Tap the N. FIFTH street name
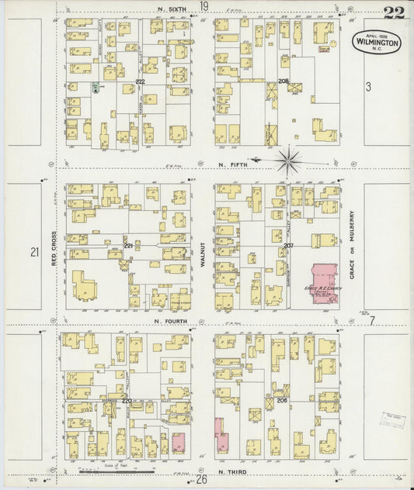click(x=233, y=164)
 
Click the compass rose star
click(x=288, y=161)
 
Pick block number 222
click(x=140, y=81)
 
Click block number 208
click(x=284, y=81)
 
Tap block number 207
click(x=287, y=246)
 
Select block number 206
click(x=281, y=400)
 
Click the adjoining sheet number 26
click(x=203, y=480)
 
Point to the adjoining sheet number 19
click(x=204, y=6)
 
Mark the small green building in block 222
click(x=95, y=88)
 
